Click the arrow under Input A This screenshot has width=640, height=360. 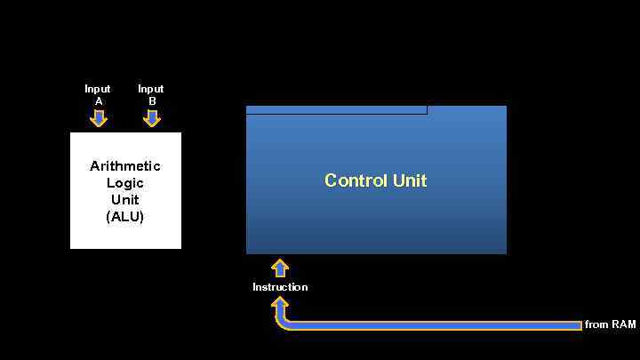99,118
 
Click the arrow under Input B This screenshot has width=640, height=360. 152,118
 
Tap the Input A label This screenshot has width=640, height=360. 98,94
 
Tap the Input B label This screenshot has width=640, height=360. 151,94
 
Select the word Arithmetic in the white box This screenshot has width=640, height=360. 125,166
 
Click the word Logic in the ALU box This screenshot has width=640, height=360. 125,183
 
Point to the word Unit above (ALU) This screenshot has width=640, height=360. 125,200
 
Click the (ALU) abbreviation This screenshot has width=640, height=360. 125,217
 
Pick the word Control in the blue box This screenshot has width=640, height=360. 352,180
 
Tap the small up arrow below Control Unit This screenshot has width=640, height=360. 280,268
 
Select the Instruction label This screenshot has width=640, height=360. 280,287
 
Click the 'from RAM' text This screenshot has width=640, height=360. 611,325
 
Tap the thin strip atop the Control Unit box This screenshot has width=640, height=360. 336,110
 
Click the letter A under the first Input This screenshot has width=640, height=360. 99,100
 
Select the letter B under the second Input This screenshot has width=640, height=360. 152,100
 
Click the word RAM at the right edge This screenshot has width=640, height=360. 624,325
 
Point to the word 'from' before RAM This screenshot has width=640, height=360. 596,325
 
